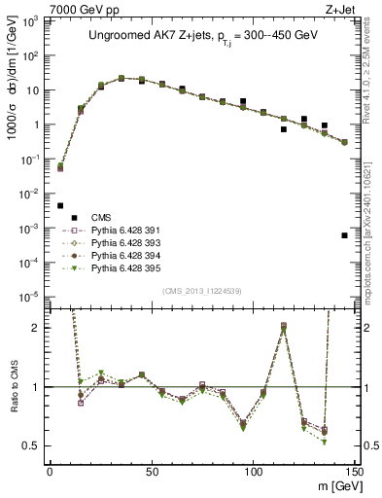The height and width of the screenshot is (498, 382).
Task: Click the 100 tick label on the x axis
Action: click(253, 470)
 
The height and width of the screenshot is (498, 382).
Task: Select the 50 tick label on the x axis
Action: click(152, 470)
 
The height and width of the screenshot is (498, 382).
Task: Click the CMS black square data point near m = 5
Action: click(60, 206)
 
